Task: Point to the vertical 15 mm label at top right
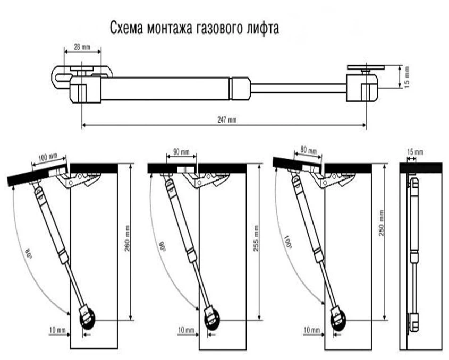coord(408,78)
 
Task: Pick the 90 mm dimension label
coord(181,152)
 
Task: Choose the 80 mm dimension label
coord(308,151)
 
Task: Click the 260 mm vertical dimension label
coord(128,239)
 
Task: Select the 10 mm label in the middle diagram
coord(187,330)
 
